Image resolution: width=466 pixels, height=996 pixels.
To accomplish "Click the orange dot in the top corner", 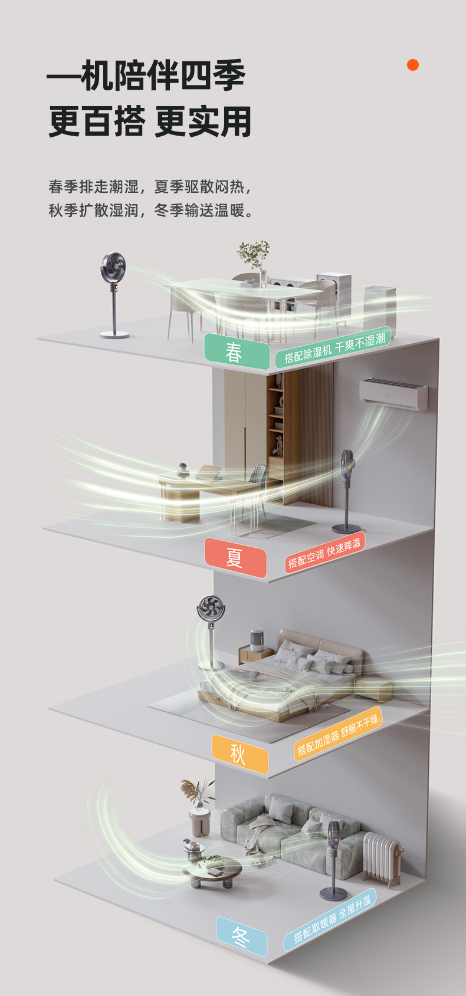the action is (413, 65).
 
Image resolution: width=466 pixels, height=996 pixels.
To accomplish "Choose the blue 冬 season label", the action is (241, 936).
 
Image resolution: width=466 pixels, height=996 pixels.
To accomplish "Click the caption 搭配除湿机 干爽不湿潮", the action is (334, 348).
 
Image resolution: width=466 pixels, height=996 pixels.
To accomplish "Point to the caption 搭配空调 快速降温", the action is (324, 553).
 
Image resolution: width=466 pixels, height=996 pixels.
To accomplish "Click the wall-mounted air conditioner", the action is (393, 393).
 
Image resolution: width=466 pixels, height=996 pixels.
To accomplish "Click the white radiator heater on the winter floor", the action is (382, 859).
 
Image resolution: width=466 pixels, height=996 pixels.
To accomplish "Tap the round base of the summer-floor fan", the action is (346, 528).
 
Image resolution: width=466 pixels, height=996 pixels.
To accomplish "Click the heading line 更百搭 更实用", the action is (150, 121).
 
